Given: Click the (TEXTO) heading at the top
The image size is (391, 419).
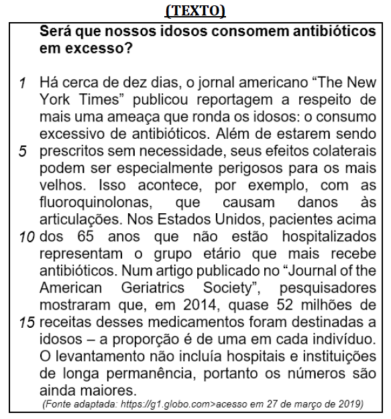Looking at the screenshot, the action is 194,11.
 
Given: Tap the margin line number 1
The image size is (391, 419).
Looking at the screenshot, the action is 23,84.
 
